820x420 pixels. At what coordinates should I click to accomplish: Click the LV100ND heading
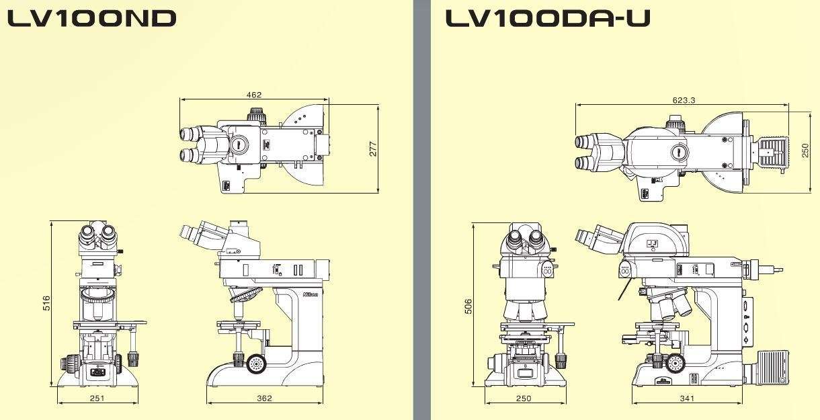click(x=91, y=18)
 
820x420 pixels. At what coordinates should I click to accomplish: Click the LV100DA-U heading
click(x=547, y=18)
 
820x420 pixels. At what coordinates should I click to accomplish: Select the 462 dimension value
click(x=254, y=95)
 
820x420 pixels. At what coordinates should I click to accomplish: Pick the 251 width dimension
click(x=98, y=398)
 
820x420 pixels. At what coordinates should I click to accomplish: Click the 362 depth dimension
click(x=264, y=398)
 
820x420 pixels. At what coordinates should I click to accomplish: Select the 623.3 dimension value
click(x=684, y=100)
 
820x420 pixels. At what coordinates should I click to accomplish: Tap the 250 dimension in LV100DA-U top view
click(x=805, y=151)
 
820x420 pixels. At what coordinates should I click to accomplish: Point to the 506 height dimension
click(x=468, y=306)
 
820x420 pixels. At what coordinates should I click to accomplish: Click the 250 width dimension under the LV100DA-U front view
click(x=523, y=398)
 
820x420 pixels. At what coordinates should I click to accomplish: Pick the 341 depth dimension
click(x=687, y=398)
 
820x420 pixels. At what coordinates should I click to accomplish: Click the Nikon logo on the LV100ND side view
click(x=311, y=295)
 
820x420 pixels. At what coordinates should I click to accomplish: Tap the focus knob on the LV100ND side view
click(x=256, y=364)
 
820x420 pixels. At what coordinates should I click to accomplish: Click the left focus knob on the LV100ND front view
click(x=68, y=364)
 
